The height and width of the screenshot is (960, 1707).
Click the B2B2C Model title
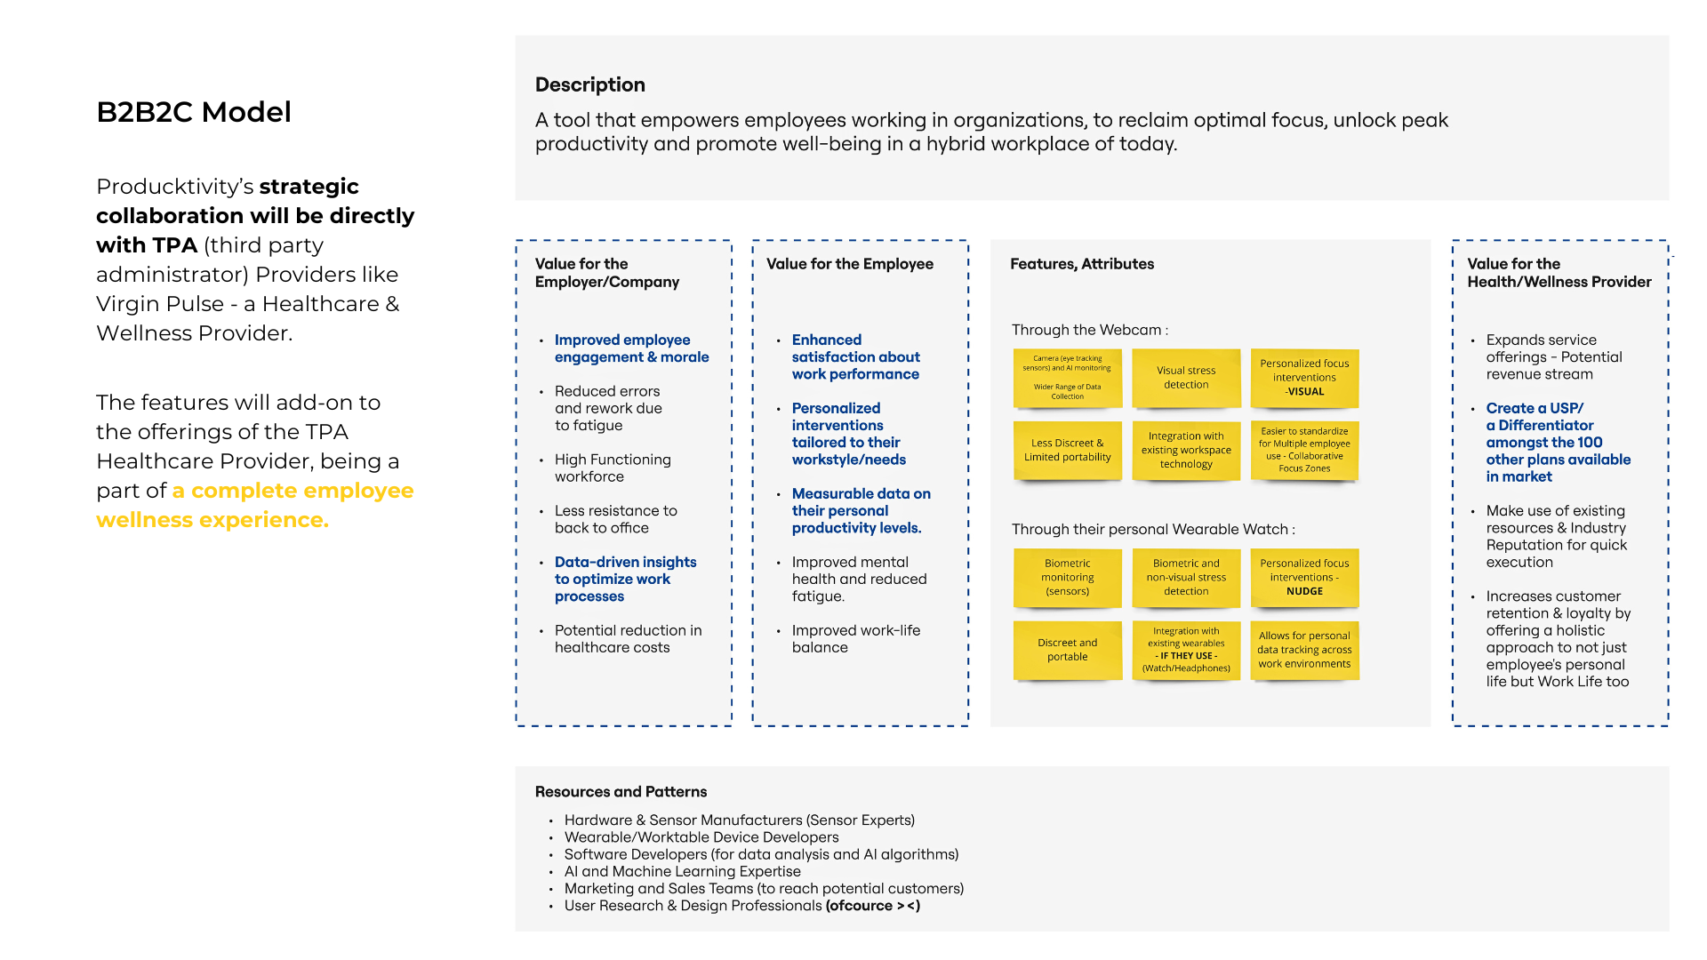click(194, 112)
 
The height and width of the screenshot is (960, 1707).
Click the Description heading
click(590, 84)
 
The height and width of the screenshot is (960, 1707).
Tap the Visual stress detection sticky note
click(1186, 378)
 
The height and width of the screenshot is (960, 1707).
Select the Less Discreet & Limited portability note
click(1068, 450)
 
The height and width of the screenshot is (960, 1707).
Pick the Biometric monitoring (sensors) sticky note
click(1068, 578)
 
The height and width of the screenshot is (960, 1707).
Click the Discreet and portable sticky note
click(1068, 650)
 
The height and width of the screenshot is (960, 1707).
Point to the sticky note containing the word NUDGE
click(1304, 578)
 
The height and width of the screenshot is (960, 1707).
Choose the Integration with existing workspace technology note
click(1186, 450)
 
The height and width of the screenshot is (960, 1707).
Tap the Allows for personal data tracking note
click(1304, 650)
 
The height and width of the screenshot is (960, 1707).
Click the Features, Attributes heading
click(1082, 264)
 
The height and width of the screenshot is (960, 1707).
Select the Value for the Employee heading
click(850, 264)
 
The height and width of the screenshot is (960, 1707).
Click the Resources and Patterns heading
click(621, 792)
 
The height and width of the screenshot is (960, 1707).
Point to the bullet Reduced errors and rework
click(608, 408)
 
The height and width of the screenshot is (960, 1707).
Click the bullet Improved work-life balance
click(856, 639)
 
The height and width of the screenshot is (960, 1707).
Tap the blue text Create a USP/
click(1535, 408)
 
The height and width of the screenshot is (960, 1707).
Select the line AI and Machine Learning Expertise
click(682, 872)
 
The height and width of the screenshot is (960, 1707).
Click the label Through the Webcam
click(1090, 330)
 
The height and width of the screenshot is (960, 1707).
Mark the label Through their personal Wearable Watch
click(1153, 530)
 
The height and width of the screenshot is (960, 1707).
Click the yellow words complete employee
click(302, 491)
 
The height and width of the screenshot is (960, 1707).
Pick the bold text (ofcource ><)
click(873, 906)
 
